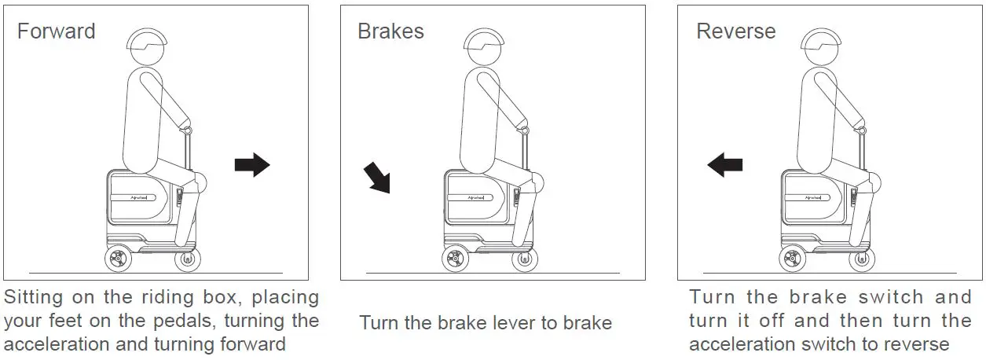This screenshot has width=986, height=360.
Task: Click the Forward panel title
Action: click(x=56, y=31)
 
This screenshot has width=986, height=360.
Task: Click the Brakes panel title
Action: click(x=391, y=31)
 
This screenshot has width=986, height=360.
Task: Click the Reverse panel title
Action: click(x=736, y=31)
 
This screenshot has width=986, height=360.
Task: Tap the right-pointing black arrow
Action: click(x=252, y=165)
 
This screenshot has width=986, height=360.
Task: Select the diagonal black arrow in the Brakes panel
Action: click(x=377, y=178)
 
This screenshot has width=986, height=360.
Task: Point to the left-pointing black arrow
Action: click(x=725, y=165)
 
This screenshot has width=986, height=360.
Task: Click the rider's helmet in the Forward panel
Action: click(x=147, y=39)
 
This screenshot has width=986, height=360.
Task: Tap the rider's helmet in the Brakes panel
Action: click(x=484, y=39)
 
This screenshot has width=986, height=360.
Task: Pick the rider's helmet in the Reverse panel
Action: click(x=821, y=39)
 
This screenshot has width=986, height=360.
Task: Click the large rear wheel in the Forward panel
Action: click(x=118, y=259)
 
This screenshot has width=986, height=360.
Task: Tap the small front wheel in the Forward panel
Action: click(x=188, y=260)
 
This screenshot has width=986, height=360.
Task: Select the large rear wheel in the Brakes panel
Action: click(x=455, y=259)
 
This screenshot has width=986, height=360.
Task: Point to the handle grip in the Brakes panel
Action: click(x=525, y=130)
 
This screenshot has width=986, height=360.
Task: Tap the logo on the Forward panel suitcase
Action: click(x=138, y=197)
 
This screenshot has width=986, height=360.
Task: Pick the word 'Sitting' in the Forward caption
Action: click(x=34, y=298)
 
